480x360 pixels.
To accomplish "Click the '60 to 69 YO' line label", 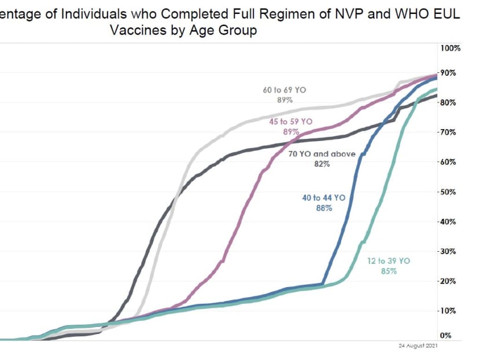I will tap(284, 90).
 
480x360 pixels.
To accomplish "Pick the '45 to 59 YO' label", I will tap(290, 122).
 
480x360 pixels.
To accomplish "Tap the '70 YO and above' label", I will tap(322, 155).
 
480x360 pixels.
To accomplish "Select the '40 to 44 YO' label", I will tap(323, 198).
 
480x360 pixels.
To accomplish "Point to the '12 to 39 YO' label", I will tap(388, 261).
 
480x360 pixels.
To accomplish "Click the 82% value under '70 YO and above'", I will tap(322, 164).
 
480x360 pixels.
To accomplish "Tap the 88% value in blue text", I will tap(324, 208).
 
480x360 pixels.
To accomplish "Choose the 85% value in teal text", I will tap(389, 271).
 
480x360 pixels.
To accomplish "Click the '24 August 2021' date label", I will tap(418, 346).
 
